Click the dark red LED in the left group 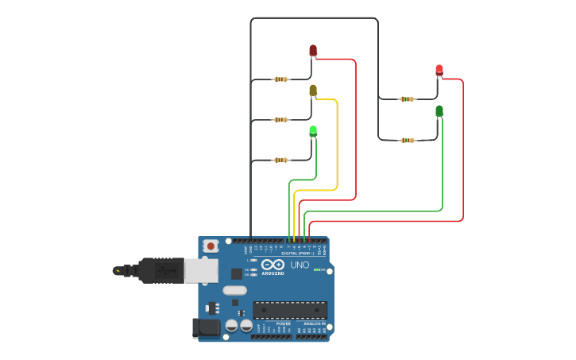pyautogui.click(x=313, y=51)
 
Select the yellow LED pyautogui.click(x=313, y=91)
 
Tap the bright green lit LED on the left pyautogui.click(x=313, y=130)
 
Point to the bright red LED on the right pyautogui.click(x=439, y=71)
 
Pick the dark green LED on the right pyautogui.click(x=439, y=111)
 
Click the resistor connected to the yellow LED pyautogui.click(x=281, y=120)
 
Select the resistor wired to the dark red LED pyautogui.click(x=281, y=79)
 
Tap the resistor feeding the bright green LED pyautogui.click(x=281, y=160)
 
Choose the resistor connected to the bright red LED pyautogui.click(x=407, y=99)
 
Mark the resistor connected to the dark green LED pyautogui.click(x=407, y=140)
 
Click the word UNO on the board pyautogui.click(x=300, y=265)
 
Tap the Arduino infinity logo pyautogui.click(x=273, y=265)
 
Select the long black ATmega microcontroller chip pyautogui.click(x=289, y=310)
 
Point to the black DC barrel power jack pyautogui.click(x=206, y=327)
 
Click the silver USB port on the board pyautogui.click(x=201, y=270)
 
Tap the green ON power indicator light pyautogui.click(x=317, y=270)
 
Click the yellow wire pyautogui.click(x=338, y=143)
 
